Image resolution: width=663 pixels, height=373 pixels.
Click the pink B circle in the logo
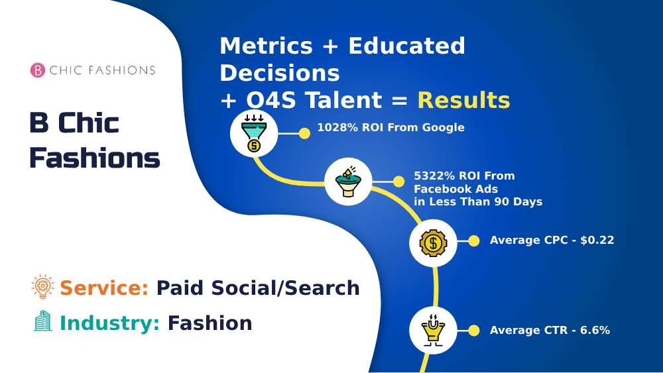click(x=38, y=70)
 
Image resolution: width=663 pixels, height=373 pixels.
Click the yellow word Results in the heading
click(x=463, y=101)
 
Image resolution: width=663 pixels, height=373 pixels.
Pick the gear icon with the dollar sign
click(x=433, y=242)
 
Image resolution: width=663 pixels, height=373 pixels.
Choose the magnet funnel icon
click(x=432, y=330)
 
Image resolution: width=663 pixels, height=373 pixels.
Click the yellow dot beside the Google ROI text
click(x=304, y=134)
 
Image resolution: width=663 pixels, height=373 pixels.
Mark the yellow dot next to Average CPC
click(x=473, y=241)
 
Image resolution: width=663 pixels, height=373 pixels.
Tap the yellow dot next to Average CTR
click(x=473, y=331)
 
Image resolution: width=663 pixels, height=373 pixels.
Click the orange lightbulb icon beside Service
click(x=42, y=287)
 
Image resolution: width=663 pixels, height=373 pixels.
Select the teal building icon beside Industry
click(x=42, y=322)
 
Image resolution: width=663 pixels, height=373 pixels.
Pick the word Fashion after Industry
click(x=210, y=323)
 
